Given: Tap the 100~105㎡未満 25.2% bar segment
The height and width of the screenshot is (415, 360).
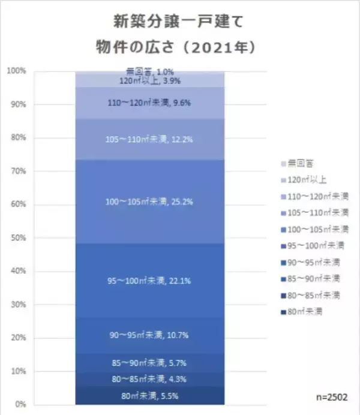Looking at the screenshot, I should [x=150, y=202].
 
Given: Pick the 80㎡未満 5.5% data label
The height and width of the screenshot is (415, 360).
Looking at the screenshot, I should [x=150, y=396].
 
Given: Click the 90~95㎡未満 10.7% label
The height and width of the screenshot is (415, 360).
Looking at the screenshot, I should [x=150, y=335].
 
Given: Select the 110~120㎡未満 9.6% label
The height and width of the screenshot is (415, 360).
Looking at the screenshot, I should [x=150, y=103].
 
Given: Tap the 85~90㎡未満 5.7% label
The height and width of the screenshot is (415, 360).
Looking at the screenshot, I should [x=150, y=363].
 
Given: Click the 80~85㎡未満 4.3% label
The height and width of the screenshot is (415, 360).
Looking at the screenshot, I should [x=150, y=380].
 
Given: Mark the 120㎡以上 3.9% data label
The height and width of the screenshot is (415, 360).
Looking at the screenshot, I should [x=150, y=81].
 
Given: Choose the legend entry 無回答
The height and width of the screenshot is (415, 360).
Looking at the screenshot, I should [x=300, y=163].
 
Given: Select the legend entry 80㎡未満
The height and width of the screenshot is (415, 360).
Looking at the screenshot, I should [x=306, y=311].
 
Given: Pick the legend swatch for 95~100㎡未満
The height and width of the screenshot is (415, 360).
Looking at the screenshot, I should [x=283, y=245].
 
